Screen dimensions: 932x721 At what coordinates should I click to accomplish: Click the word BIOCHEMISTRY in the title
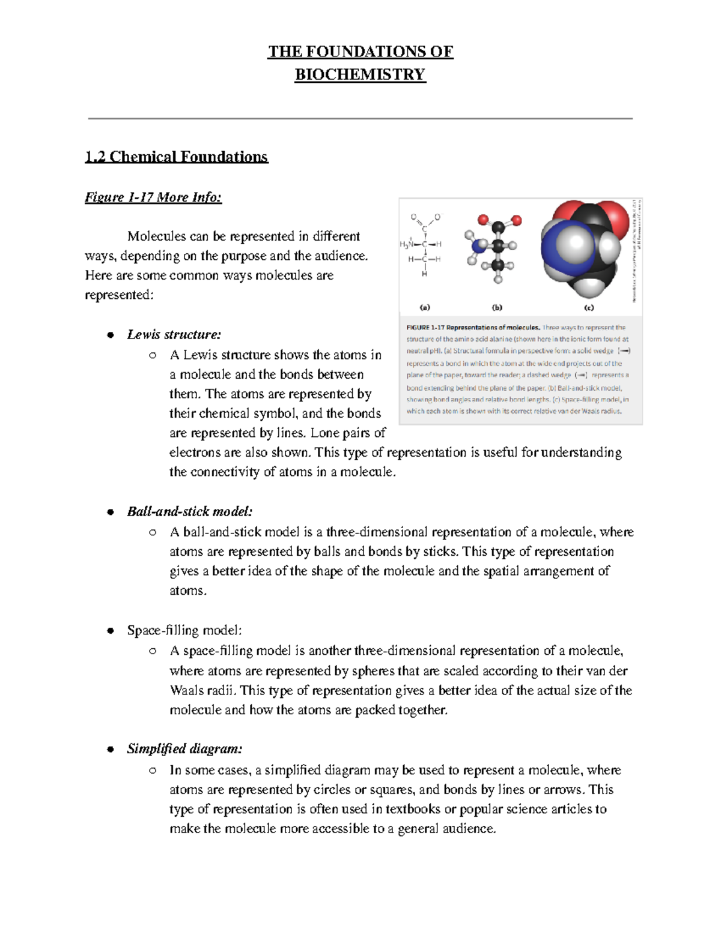tap(360, 74)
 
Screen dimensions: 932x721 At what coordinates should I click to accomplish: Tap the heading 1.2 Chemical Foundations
tap(176, 157)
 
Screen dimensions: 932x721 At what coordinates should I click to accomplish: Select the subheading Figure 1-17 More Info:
tap(153, 197)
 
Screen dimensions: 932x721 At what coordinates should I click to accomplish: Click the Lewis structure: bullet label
tap(174, 334)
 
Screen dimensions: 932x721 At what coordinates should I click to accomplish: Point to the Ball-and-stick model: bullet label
tap(189, 511)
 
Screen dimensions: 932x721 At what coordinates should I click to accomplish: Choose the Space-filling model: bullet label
tap(184, 630)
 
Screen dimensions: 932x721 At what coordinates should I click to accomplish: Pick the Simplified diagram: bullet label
tap(184, 748)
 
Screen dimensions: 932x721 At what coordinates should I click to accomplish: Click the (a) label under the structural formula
tap(425, 307)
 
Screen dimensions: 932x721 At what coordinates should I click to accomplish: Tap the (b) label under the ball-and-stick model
tap(497, 307)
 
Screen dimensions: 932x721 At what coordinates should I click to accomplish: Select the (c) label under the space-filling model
tap(589, 307)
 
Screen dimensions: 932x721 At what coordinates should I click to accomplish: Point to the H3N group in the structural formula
tap(407, 244)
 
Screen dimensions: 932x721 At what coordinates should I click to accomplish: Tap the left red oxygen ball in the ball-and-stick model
tap(483, 220)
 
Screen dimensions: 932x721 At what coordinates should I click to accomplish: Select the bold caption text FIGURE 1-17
tap(425, 328)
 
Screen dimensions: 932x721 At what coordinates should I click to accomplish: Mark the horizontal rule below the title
tap(360, 119)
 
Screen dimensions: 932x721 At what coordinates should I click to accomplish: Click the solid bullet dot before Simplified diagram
tap(110, 749)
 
